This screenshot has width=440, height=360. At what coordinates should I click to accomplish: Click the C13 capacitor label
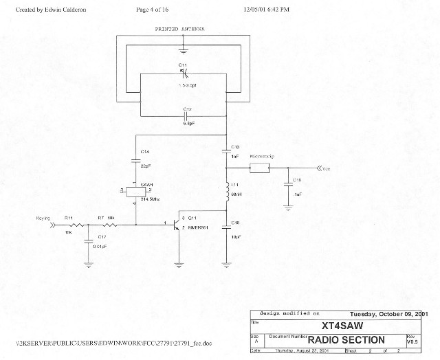[236, 147]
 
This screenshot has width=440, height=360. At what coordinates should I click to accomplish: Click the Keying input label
[43, 218]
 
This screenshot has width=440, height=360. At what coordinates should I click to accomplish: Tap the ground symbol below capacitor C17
[89, 262]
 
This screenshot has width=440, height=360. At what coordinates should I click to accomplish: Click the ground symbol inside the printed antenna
[182, 49]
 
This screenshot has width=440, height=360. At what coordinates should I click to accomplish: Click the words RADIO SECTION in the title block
[346, 340]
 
